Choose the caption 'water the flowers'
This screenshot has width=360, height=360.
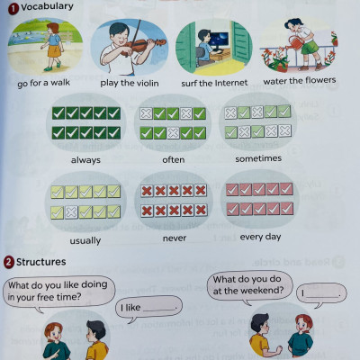(x=299, y=81)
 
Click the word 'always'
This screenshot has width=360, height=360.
(x=85, y=159)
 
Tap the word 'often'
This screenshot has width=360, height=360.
(x=175, y=159)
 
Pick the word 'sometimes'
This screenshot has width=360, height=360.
(x=258, y=157)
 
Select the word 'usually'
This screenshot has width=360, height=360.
(x=85, y=240)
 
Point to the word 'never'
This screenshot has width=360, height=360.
(x=175, y=238)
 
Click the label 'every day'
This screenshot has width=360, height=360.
(x=260, y=237)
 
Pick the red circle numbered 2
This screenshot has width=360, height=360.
(x=8, y=262)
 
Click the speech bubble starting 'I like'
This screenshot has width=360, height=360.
(x=149, y=307)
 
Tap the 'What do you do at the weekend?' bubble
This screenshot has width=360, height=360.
(x=248, y=285)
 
